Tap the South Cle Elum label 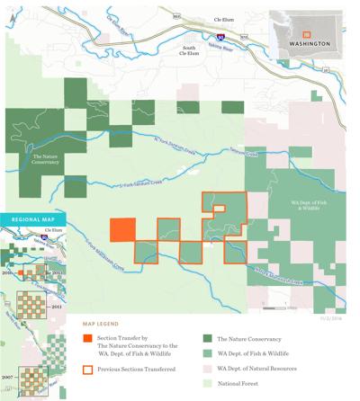pyautogui.click(x=188, y=50)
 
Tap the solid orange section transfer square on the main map pyautogui.click(x=122, y=229)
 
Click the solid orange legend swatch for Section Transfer pyautogui.click(x=87, y=339)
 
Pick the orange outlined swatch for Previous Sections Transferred pyautogui.click(x=87, y=368)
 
